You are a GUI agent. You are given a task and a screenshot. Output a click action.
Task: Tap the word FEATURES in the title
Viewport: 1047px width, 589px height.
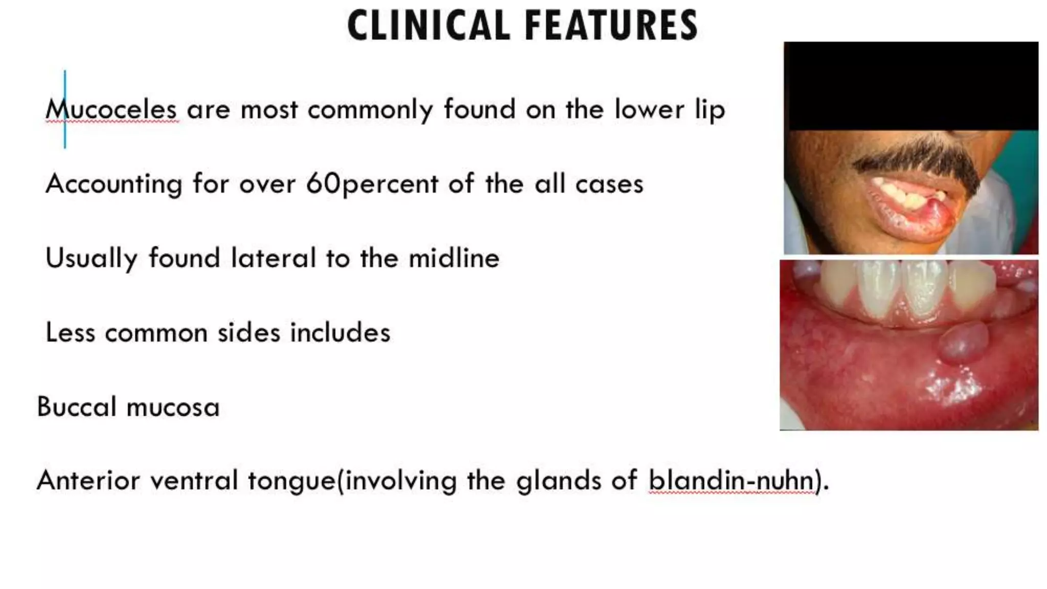(x=611, y=26)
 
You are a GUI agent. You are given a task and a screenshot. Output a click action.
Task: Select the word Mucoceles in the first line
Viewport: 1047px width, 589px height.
(x=111, y=109)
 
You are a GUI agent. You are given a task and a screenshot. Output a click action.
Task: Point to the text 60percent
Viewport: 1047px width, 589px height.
(x=372, y=184)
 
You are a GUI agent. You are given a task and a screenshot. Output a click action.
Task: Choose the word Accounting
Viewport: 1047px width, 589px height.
(x=113, y=184)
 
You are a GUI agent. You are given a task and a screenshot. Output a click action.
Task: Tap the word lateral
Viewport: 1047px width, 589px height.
(x=273, y=258)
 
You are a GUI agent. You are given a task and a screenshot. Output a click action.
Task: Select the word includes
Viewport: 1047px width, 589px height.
(x=340, y=332)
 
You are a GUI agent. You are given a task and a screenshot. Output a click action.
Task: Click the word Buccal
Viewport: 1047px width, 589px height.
(x=77, y=407)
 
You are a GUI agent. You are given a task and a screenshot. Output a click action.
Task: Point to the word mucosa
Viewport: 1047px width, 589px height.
(x=173, y=407)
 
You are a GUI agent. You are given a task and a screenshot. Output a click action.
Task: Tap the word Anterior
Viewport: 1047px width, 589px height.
(x=88, y=481)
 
